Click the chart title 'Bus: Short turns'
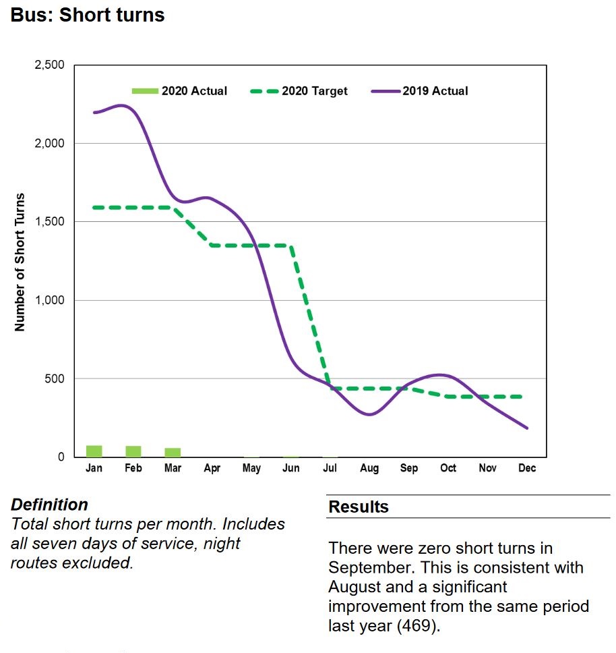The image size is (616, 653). coord(88,15)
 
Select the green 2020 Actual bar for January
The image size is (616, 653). coord(94,451)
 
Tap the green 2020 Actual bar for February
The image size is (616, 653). coord(133,451)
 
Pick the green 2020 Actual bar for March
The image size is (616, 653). coord(173,452)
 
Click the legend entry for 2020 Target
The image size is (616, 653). coord(301,91)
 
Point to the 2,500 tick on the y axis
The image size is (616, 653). coord(49,65)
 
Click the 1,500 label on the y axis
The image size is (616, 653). coord(49,222)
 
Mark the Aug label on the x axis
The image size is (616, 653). coord(369,468)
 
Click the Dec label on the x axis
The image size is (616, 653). coord(527,468)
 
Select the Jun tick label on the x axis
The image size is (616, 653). coord(290,468)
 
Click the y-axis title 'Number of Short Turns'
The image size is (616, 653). coord(20,262)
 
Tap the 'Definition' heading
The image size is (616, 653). coord(49,505)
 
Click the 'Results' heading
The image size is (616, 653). coord(359,507)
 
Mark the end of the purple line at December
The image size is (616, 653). coord(527,428)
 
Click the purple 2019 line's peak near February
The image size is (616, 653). coord(122,105)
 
